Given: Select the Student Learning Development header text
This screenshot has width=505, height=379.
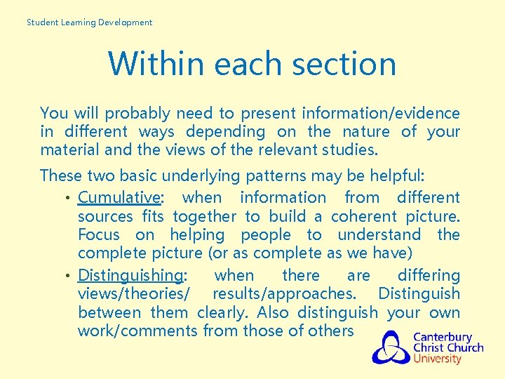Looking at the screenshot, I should pyautogui.click(x=89, y=22).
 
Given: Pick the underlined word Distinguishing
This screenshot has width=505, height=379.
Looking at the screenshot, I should pyautogui.click(x=131, y=275).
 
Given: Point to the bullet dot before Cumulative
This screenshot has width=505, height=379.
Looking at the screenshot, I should pyautogui.click(x=67, y=199).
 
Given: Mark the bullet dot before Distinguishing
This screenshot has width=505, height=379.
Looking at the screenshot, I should pyautogui.click(x=67, y=276).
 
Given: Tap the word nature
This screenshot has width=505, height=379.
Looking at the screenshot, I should pyautogui.click(x=366, y=131).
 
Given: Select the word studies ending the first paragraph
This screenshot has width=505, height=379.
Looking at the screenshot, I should pyautogui.click(x=349, y=149).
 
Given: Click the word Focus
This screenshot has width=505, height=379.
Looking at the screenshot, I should pyautogui.click(x=99, y=234).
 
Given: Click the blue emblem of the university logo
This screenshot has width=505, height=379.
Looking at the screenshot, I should pyautogui.click(x=391, y=347).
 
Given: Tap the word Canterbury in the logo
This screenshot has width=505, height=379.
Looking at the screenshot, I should pyautogui.click(x=443, y=337).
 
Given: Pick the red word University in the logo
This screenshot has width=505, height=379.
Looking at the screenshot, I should pyautogui.click(x=437, y=359).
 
